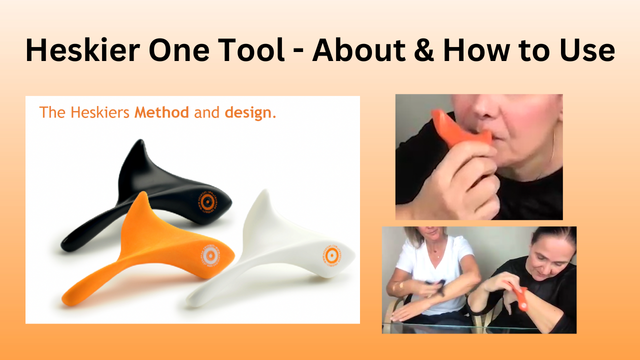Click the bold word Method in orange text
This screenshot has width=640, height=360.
tap(161, 112)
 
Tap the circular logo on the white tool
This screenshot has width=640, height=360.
tap(330, 255)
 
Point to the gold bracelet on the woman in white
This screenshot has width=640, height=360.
tap(400, 286)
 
